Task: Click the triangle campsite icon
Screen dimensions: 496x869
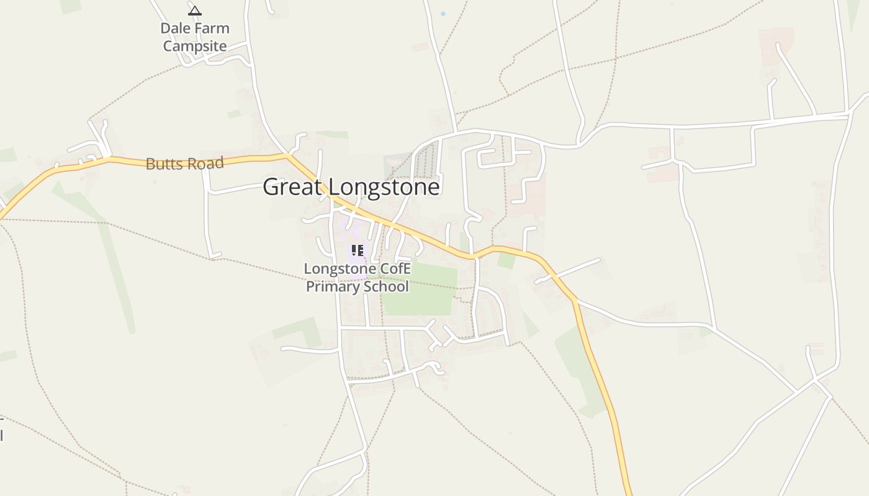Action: [x=195, y=11]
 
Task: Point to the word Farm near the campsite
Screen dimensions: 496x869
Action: [x=213, y=29]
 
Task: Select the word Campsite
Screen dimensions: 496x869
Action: [x=195, y=46]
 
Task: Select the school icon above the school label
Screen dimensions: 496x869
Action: [x=357, y=250]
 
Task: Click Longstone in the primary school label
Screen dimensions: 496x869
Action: [x=340, y=269]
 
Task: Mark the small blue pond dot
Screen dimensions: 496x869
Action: [x=443, y=14]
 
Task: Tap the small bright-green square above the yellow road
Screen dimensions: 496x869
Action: [x=507, y=260]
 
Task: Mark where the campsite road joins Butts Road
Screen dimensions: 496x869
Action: [x=287, y=154]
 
